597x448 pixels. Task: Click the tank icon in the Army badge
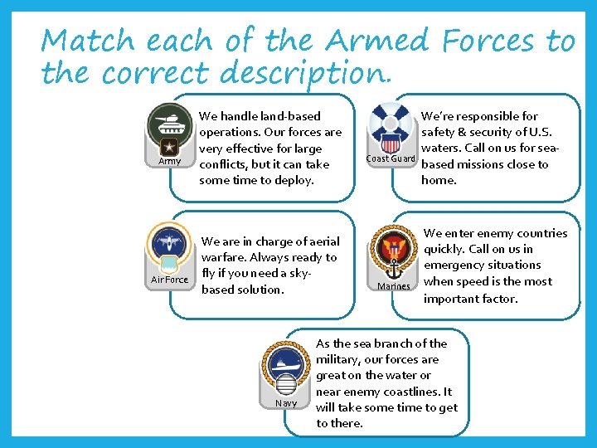coord(170,124)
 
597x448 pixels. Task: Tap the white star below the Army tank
coord(170,148)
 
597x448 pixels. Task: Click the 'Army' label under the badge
coord(170,161)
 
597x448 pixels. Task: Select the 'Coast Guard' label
coord(391,158)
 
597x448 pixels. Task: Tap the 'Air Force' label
coord(169,280)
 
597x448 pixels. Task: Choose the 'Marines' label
coord(393,286)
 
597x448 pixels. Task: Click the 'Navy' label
coord(285,403)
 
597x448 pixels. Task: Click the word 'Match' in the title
coord(90,40)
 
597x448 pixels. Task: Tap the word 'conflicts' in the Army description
coord(224,164)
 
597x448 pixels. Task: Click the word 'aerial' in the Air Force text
coord(323,241)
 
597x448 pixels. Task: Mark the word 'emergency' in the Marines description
coord(457,265)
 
